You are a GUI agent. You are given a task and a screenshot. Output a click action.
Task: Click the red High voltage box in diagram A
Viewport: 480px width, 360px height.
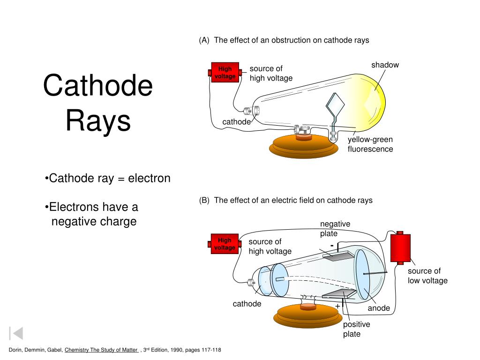pos(225,72)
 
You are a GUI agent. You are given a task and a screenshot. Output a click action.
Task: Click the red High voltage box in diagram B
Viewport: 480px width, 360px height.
pos(225,244)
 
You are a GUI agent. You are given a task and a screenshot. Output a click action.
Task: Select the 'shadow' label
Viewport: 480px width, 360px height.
pos(385,65)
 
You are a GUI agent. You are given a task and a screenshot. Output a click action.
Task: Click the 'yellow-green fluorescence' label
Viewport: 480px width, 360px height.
pos(370,144)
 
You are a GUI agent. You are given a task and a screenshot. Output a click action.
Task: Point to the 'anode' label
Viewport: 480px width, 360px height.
pos(379,308)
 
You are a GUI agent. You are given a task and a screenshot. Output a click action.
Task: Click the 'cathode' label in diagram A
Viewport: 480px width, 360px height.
pos(236,122)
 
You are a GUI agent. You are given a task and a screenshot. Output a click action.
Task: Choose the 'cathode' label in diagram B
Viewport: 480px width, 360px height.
pos(247,304)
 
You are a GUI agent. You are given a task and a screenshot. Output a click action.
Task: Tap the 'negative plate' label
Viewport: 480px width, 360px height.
pos(335,229)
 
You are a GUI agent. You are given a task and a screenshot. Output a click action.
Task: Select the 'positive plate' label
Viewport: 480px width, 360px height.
pos(356,329)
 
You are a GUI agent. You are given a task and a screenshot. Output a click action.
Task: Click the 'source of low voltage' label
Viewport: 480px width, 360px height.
pos(427,276)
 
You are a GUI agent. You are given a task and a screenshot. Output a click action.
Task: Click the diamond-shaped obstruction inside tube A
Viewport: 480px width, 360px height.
pos(336,105)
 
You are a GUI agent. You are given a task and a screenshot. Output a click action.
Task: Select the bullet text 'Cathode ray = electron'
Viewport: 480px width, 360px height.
pos(108,179)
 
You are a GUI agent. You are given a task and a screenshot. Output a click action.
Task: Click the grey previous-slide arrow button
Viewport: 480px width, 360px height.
pos(16,333)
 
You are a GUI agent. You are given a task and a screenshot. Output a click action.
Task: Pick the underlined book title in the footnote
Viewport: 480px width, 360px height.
pos(101,350)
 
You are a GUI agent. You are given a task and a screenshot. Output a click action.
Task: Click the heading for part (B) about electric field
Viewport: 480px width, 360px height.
pos(285,200)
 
